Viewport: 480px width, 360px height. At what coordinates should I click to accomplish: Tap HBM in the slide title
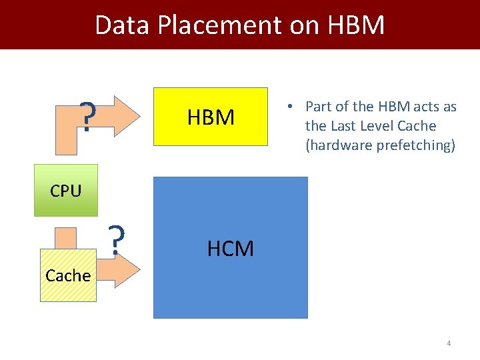click(356, 25)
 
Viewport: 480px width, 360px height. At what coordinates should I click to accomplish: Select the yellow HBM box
click(211, 117)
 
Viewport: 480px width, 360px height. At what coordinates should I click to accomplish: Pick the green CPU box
click(65, 190)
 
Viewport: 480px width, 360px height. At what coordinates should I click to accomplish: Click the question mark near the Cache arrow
click(117, 240)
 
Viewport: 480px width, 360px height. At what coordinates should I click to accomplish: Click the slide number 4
click(449, 343)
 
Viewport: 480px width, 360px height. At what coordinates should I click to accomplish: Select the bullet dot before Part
click(291, 107)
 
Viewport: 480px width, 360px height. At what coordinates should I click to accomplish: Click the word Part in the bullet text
click(318, 107)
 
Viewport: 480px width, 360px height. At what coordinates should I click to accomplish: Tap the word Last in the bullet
click(342, 126)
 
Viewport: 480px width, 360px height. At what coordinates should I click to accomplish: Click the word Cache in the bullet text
click(418, 126)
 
